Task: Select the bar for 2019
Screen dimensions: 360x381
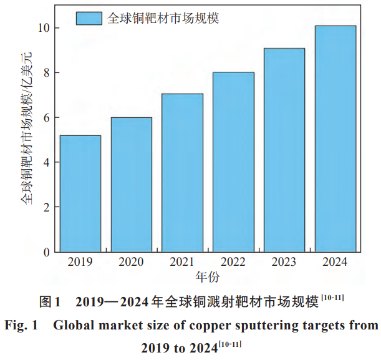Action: click(x=80, y=193)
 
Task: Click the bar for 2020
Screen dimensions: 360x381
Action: click(x=132, y=185)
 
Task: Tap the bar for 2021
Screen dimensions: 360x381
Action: click(x=182, y=173)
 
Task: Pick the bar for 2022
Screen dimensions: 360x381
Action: click(x=233, y=162)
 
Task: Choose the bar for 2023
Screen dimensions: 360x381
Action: click(x=284, y=150)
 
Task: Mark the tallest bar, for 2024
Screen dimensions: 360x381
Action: click(x=335, y=139)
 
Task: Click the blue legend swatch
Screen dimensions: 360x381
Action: click(x=89, y=19)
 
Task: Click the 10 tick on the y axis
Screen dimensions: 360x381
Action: click(x=43, y=28)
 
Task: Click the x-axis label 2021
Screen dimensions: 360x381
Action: click(x=182, y=262)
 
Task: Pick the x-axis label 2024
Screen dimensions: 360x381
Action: click(x=335, y=262)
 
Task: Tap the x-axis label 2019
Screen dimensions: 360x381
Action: click(x=80, y=262)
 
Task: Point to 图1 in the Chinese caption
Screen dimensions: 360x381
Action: click(x=49, y=303)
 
